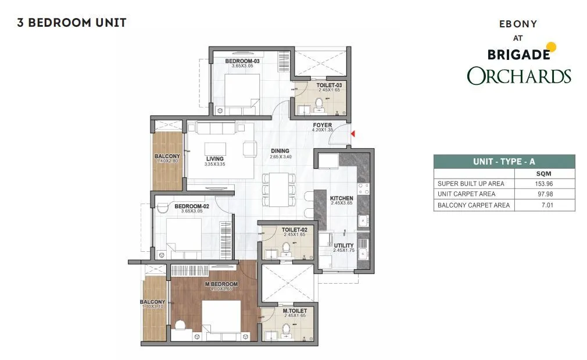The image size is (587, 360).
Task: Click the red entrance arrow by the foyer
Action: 353,133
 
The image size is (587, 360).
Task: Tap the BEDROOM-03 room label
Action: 242,61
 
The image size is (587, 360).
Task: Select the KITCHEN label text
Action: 341,198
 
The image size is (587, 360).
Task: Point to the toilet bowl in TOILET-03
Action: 319,102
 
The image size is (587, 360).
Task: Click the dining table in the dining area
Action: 279,189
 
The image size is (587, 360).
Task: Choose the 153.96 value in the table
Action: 544,184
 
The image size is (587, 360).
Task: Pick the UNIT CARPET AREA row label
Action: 467,194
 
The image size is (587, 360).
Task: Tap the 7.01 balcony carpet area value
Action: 547,205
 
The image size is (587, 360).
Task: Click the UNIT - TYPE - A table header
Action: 504,162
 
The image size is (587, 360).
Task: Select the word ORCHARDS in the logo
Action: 519,76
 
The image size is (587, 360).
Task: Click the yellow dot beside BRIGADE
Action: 551,47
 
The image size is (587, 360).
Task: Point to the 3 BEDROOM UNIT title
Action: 71,23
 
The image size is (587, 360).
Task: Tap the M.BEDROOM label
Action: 221,284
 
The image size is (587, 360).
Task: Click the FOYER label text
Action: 323,125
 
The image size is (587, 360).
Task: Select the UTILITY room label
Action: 343,246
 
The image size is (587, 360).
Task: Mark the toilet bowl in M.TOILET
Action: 287,329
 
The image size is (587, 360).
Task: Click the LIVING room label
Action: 215,159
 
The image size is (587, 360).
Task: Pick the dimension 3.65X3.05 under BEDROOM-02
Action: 192,211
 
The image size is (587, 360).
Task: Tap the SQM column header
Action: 543,174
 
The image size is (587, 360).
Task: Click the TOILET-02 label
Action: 294,230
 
